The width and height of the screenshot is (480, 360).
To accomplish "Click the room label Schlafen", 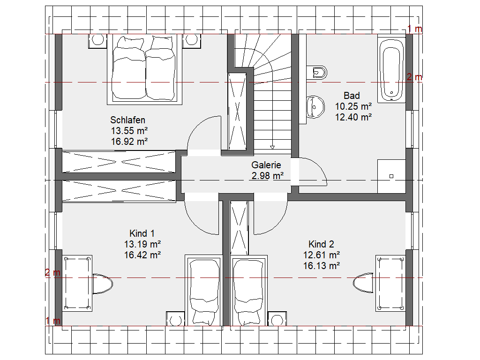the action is [127, 120].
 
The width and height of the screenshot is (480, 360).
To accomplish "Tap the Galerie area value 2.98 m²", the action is [268, 176].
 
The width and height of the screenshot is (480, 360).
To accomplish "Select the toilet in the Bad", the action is [316, 73].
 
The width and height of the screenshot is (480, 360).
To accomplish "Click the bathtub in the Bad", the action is [391, 69].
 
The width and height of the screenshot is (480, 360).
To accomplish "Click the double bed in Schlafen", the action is [144, 69].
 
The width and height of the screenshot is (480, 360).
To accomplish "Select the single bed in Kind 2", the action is [249, 290].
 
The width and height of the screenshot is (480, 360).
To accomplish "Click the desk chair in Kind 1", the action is [103, 284].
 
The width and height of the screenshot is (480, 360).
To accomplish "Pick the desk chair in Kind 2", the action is [363, 283].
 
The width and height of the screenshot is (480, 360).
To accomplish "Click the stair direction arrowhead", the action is [272, 148].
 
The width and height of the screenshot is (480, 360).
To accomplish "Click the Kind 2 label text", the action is [321, 244].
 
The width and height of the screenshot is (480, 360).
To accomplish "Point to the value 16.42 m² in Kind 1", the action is [142, 255].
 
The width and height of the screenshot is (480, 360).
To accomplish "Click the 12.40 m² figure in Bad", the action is [353, 117].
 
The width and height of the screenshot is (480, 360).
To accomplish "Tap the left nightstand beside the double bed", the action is [98, 41].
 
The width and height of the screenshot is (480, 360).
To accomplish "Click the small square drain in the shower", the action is [391, 176].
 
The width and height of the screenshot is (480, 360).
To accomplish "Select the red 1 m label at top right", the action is [415, 29].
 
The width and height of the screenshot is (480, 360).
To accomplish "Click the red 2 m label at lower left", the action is [52, 272].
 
